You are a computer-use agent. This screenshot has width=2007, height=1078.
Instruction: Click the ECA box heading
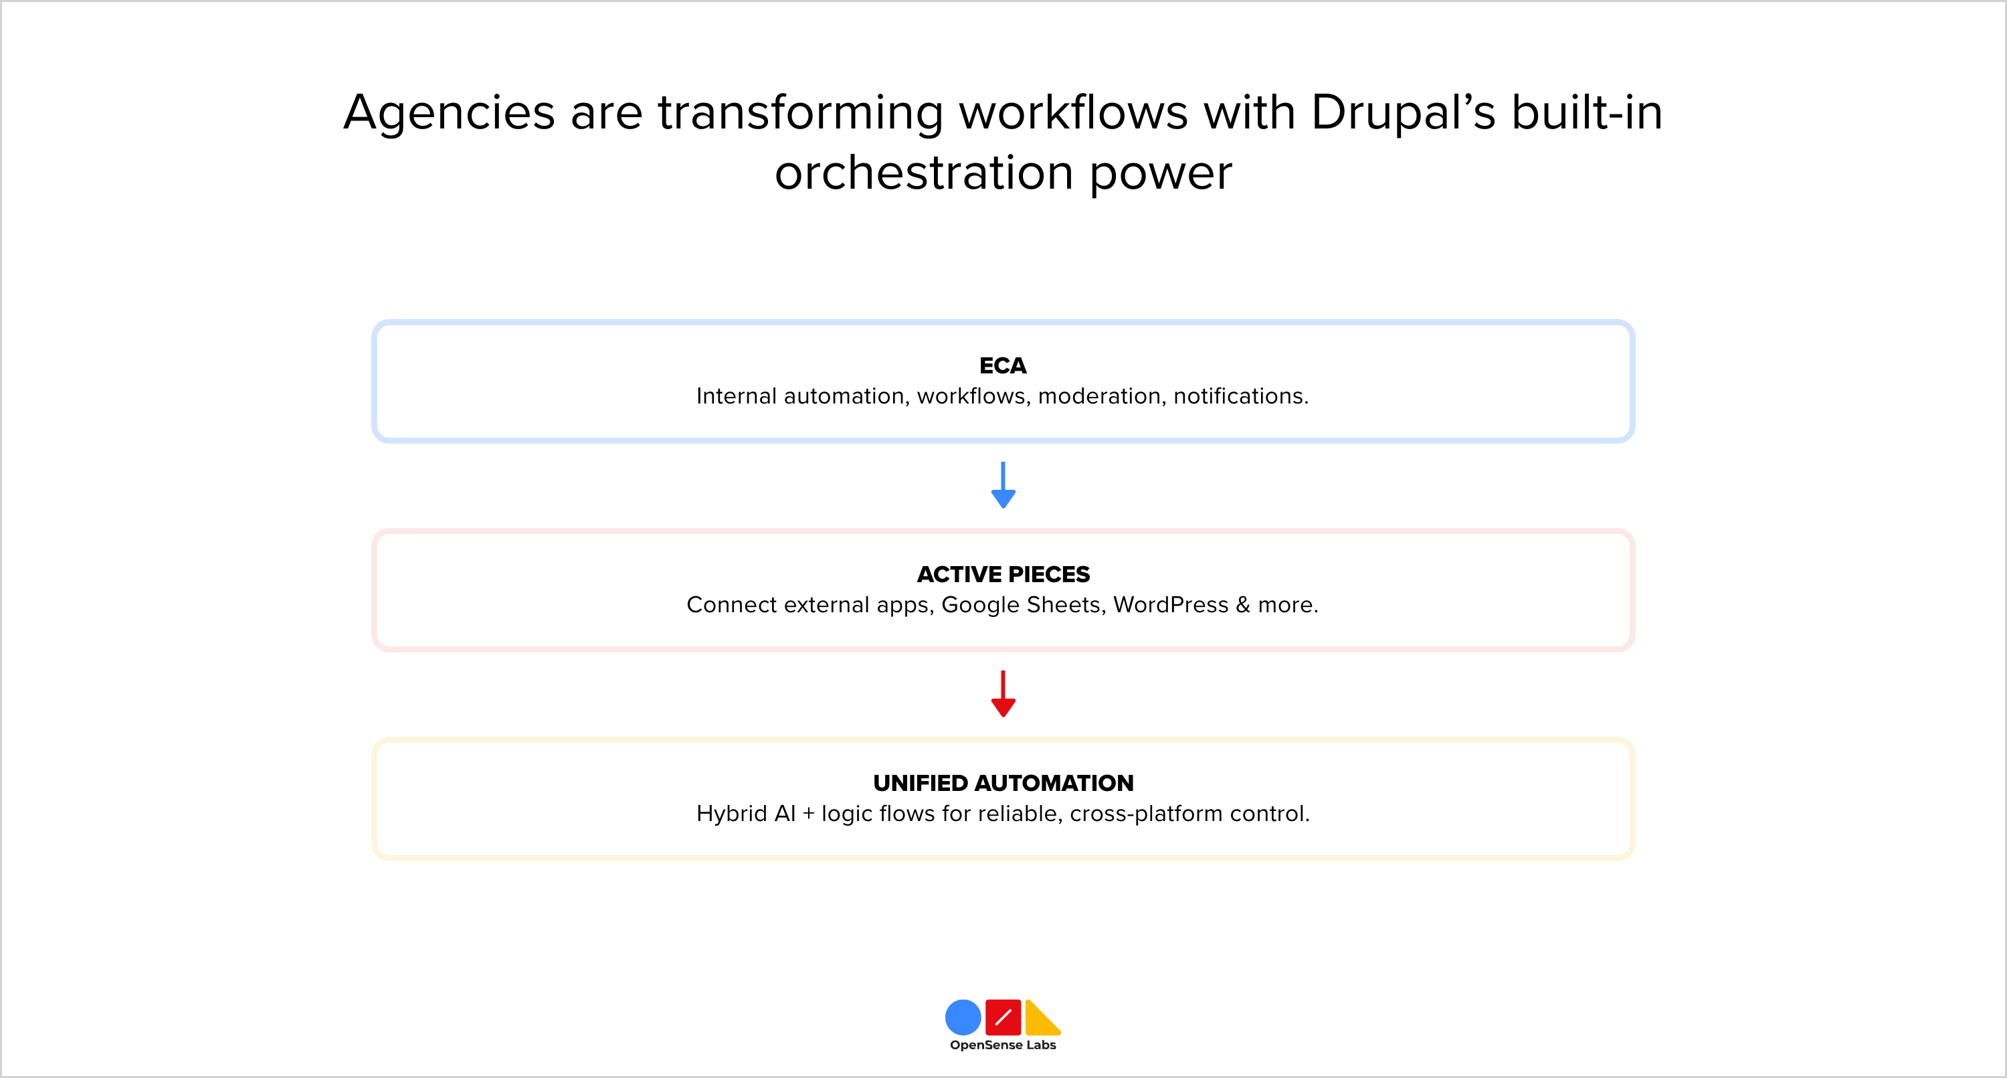point(1003,365)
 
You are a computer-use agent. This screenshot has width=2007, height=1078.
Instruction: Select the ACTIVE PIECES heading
point(1003,575)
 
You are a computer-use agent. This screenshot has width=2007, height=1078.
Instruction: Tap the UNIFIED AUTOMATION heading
point(1003,783)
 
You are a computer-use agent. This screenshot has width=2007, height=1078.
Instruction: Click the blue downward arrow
point(1003,486)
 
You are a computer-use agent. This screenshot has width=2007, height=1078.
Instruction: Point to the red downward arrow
point(1003,694)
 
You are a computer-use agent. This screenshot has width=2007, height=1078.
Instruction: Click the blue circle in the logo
point(963,1017)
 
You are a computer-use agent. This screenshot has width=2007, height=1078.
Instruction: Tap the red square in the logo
point(1003,1017)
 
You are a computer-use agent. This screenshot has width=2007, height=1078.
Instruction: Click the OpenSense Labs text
point(1003,1045)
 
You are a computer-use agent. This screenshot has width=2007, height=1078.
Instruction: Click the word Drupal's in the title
point(1403,112)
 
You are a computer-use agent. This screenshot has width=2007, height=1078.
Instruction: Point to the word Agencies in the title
point(449,114)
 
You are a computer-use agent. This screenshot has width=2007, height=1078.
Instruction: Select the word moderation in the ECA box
point(1099,397)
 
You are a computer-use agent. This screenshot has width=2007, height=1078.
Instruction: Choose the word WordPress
point(1170,605)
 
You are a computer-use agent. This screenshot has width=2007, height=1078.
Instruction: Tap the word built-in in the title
point(1587,112)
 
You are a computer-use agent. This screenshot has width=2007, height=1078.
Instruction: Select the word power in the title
point(1160,174)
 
